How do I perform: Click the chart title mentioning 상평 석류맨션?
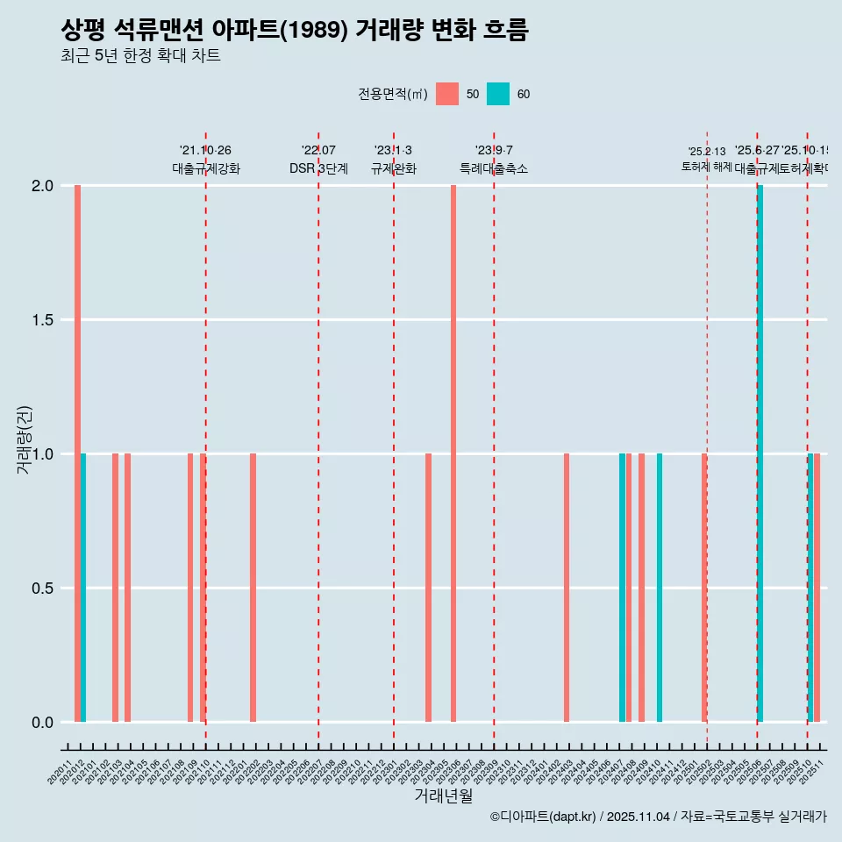[x=295, y=31]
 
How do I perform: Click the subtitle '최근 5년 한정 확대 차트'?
[x=140, y=56]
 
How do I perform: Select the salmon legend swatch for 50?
[x=447, y=94]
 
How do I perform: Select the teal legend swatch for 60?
[x=498, y=94]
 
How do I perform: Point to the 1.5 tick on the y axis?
[x=43, y=320]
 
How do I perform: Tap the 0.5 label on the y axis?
[x=43, y=589]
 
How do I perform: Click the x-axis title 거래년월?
[x=443, y=796]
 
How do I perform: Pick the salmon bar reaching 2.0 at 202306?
[x=453, y=453]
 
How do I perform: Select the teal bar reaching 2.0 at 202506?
[x=760, y=453]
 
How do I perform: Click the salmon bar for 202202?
[x=253, y=588]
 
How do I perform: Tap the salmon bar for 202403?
[x=567, y=588]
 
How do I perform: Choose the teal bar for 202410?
[x=660, y=588]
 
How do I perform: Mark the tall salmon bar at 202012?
[x=77, y=453]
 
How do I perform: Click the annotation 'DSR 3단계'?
[x=318, y=168]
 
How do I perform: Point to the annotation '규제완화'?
[x=393, y=168]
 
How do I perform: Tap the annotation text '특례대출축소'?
[x=494, y=168]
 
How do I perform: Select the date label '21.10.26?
[x=205, y=151]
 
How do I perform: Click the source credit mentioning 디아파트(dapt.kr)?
[x=658, y=817]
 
